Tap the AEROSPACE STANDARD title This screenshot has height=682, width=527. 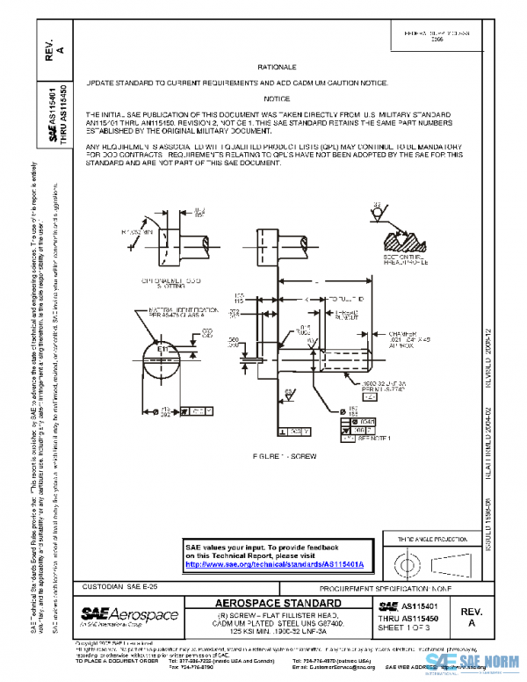point(278,603)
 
